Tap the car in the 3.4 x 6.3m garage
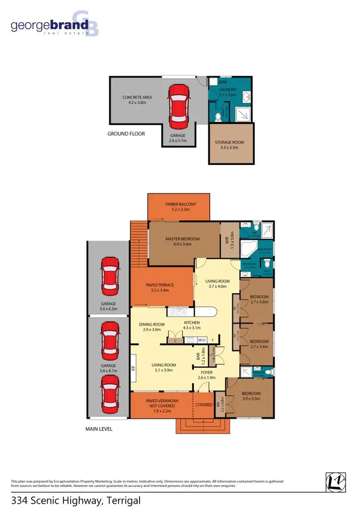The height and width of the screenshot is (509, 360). point(110,277)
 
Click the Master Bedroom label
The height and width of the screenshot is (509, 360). point(182,239)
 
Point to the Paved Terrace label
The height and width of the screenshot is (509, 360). point(159,285)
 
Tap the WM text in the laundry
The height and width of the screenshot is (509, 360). point(216,83)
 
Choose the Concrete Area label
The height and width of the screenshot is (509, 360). point(137,97)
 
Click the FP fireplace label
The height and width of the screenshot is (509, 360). point(134,369)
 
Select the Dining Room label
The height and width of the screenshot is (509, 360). point(152,324)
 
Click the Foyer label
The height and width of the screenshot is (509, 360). point(207,372)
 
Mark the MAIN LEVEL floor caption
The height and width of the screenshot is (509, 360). point(99,429)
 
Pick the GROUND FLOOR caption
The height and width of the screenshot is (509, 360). point(126,134)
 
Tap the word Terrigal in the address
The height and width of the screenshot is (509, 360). point(123,501)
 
